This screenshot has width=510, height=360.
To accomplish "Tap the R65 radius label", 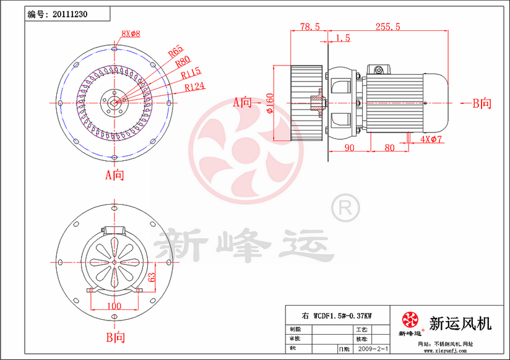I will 175,50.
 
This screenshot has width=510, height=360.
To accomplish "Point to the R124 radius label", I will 195,87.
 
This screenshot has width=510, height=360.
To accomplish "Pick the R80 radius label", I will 183,62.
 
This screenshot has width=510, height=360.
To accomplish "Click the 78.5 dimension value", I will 309,27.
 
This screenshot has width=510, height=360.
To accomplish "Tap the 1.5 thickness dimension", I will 342,38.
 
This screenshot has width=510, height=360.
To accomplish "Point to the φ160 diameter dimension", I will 270,104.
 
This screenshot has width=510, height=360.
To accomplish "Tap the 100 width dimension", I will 113,306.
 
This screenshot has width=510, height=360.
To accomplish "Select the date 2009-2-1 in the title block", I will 372,349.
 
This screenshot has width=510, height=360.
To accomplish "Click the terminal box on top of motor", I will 378,69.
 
